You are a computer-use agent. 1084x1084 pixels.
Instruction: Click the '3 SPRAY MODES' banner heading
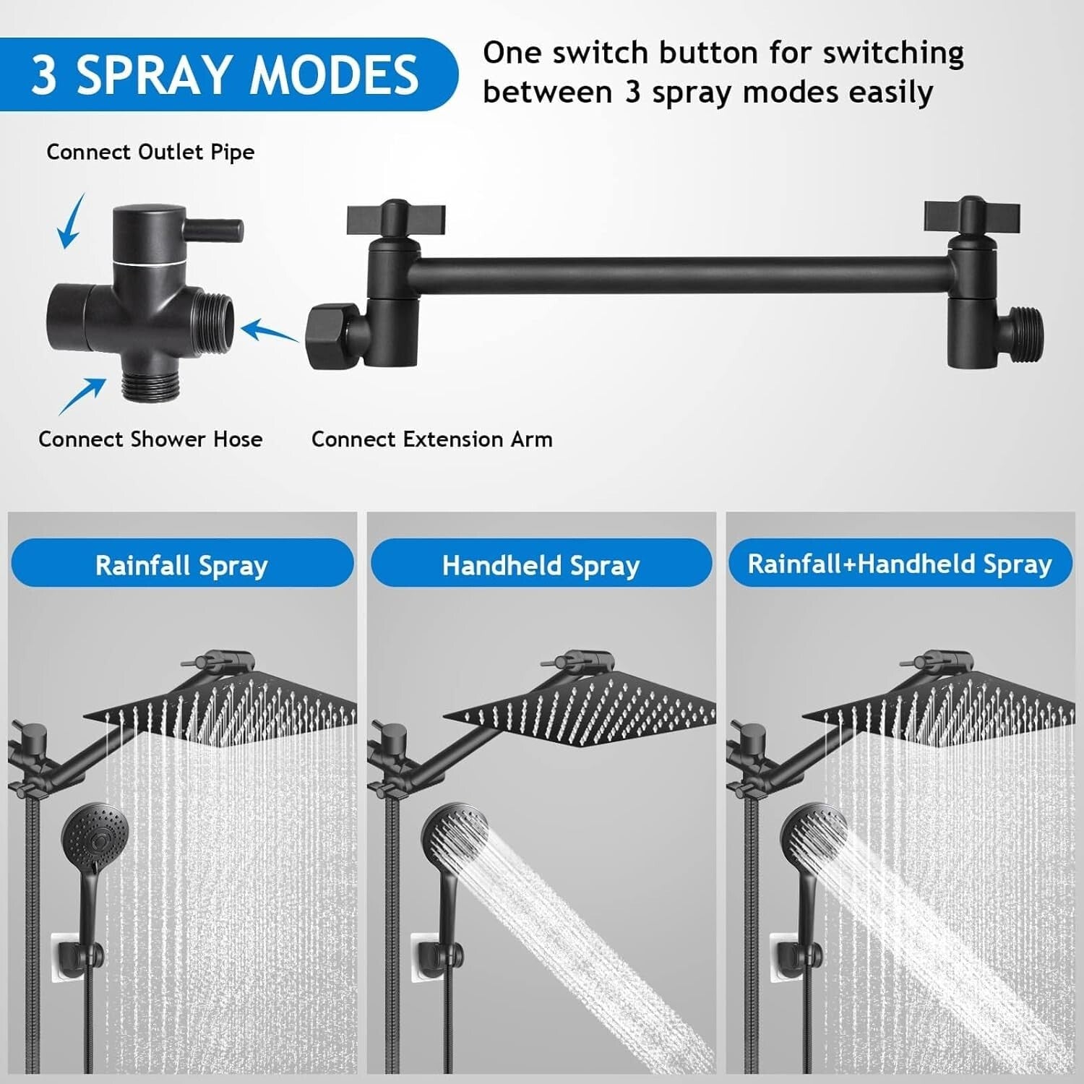coord(224,74)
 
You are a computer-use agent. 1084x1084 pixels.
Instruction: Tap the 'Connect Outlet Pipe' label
coord(150,152)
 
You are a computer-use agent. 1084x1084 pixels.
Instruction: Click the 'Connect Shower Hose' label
coord(150,439)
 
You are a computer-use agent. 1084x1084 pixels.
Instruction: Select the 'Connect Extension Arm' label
coord(431,439)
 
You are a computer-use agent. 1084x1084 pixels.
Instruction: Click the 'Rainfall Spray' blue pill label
coord(181,565)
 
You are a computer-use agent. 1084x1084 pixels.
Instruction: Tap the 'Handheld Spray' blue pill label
coord(541,565)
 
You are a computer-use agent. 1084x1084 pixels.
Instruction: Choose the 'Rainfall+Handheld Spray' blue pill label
coord(900,564)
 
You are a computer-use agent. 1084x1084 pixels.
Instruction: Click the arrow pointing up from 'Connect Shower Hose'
coord(82,397)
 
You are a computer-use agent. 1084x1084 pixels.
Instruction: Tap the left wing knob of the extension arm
coord(395,218)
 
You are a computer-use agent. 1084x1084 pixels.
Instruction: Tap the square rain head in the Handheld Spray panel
coord(578,708)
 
